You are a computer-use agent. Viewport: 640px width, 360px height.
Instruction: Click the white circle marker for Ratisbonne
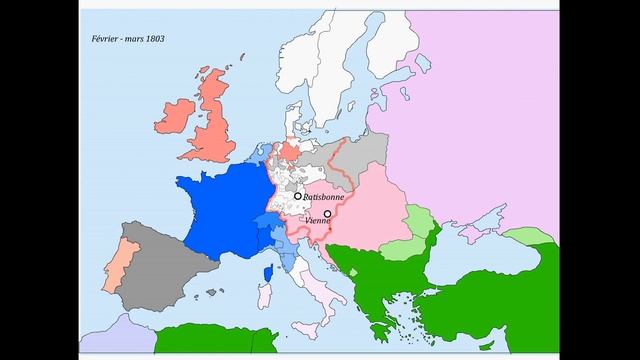(x=297, y=197)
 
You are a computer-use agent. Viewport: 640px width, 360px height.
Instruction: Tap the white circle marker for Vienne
(x=328, y=213)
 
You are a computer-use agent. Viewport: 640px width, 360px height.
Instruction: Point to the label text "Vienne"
(x=316, y=220)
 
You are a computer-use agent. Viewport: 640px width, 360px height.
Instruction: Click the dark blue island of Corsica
(x=268, y=272)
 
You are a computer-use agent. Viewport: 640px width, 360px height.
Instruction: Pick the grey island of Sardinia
(x=266, y=296)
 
